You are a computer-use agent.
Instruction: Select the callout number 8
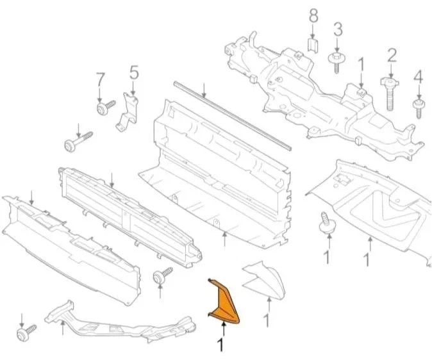pos(313,16)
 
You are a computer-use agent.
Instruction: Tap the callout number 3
pos(338,29)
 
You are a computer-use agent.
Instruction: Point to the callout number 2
pos(392,55)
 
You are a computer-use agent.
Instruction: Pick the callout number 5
pos(134,72)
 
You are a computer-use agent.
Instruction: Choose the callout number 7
pos(100,79)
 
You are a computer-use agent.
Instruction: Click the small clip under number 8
pos(313,45)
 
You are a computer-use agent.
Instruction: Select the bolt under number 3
pos(336,63)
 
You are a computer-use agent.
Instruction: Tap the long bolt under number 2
pos(390,94)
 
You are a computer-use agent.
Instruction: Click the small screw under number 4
pos(419,109)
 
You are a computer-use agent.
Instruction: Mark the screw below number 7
pos(106,108)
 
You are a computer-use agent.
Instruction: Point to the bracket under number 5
pos(127,112)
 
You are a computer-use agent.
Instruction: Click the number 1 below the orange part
pos(220,345)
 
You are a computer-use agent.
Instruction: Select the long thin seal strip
pos(232,116)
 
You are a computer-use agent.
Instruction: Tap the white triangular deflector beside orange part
pos(263,281)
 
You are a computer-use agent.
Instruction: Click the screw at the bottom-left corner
pos(26,332)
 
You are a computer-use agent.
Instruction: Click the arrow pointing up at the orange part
pos(224,329)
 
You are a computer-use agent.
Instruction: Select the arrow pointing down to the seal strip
pos(204,90)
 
